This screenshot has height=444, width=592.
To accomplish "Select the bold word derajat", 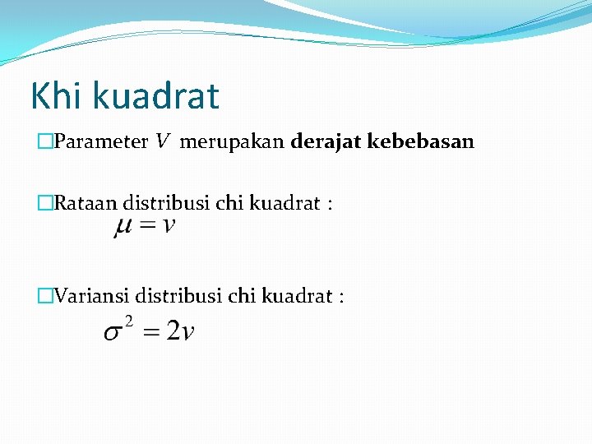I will (326, 141).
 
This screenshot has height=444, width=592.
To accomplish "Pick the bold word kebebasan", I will (421, 141).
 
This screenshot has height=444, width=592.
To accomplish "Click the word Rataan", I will (86, 203).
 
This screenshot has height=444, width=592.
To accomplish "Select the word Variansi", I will (91, 295).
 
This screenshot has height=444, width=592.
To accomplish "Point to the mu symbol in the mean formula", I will (123, 226).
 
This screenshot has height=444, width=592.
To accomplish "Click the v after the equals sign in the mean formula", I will (168, 226).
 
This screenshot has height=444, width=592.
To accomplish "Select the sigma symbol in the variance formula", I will (113, 333).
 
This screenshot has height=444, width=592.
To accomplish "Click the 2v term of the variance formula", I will (180, 331).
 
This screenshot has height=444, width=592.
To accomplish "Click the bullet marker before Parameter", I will (45, 142).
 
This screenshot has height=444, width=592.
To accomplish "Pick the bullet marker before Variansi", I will (45, 296).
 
